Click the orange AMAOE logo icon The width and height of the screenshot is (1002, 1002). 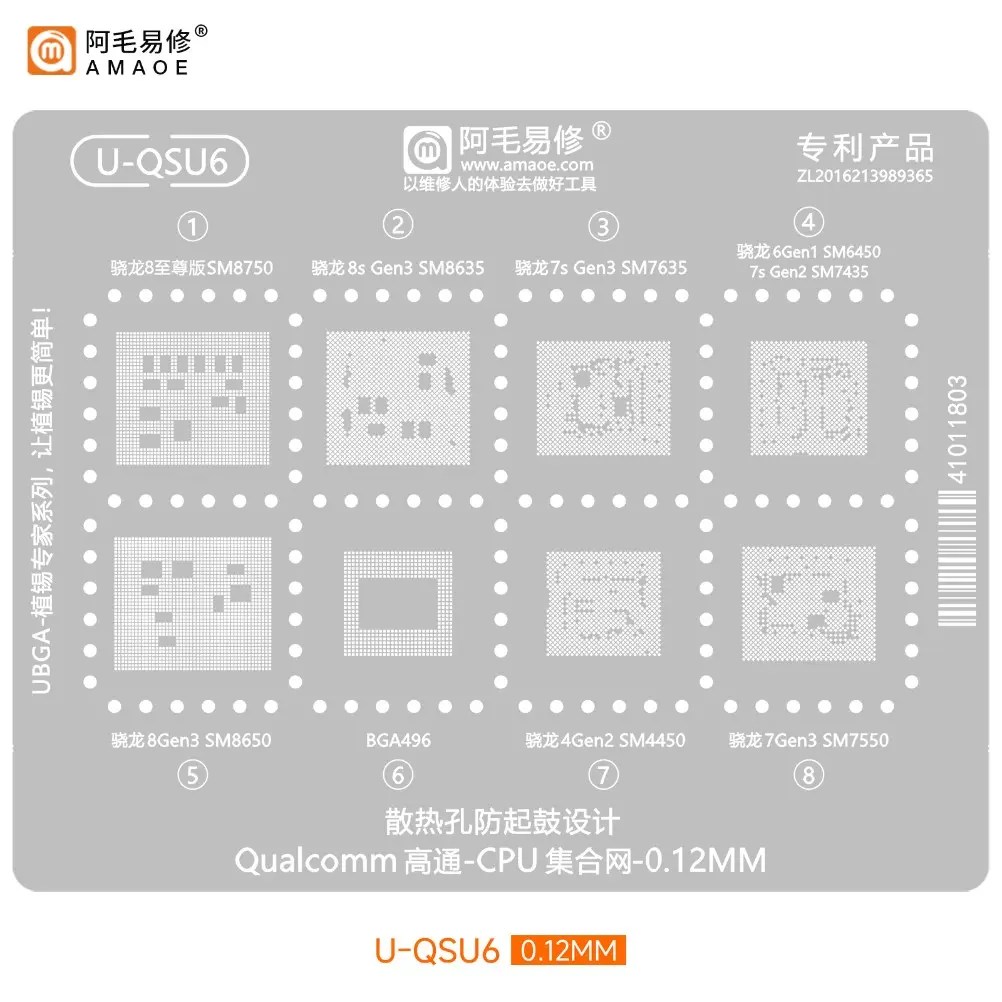pos(51,50)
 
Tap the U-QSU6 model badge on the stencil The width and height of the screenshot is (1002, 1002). pos(160,161)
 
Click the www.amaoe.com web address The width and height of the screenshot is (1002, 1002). pos(527,165)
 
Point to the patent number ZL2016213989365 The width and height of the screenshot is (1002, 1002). pos(865,176)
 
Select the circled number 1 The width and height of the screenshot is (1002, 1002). pos(192,226)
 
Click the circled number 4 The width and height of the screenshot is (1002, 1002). pos(808,222)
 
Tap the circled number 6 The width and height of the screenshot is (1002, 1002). pos(398,775)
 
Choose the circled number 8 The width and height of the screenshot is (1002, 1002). pos(808,775)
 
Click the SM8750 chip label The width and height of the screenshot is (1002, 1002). pos(240,267)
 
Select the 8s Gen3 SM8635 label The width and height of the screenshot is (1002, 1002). pos(415,267)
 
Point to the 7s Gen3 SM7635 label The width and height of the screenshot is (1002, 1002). pos(619,267)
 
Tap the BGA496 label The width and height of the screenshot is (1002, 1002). pos(398,740)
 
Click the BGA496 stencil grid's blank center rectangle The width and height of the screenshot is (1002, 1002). pos(398,603)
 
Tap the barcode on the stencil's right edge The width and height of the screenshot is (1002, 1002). pos(957,558)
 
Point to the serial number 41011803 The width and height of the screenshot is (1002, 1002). pos(957,429)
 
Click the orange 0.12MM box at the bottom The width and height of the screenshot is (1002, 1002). pos(568,950)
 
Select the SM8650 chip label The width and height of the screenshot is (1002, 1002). pos(238,740)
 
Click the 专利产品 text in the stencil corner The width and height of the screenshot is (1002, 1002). pos(865,148)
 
